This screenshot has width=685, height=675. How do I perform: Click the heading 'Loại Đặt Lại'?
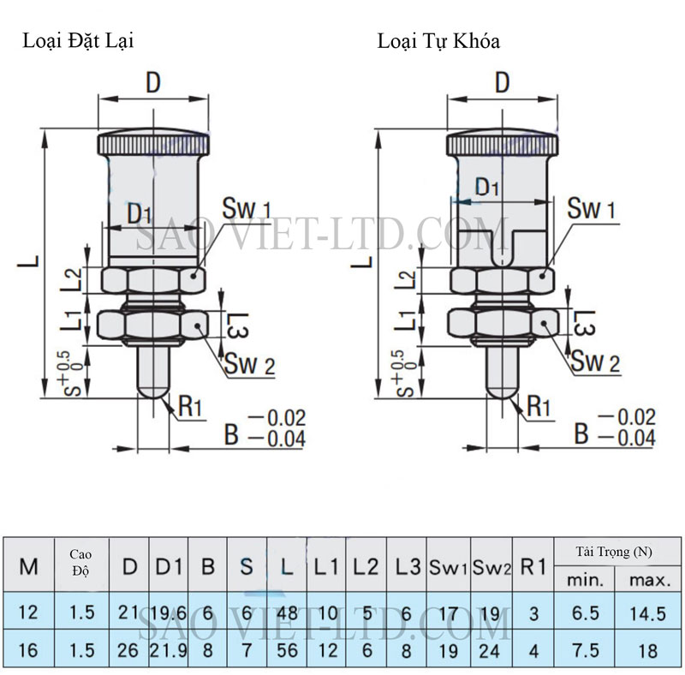[x=78, y=40]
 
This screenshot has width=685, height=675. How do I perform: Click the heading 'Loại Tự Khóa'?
[x=439, y=40]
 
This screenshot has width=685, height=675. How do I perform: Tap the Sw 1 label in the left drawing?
[x=247, y=208]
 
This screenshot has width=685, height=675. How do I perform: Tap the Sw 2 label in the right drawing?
[x=595, y=362]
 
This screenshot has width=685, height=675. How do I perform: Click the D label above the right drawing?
[x=503, y=82]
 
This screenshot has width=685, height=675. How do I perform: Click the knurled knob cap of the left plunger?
[x=154, y=141]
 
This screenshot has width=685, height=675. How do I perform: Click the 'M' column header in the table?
[x=28, y=566]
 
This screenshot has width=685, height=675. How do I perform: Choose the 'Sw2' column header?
[x=491, y=567]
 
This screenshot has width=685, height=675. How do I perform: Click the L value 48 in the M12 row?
[x=287, y=613]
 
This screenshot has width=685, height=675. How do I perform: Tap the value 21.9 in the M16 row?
[x=169, y=650]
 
